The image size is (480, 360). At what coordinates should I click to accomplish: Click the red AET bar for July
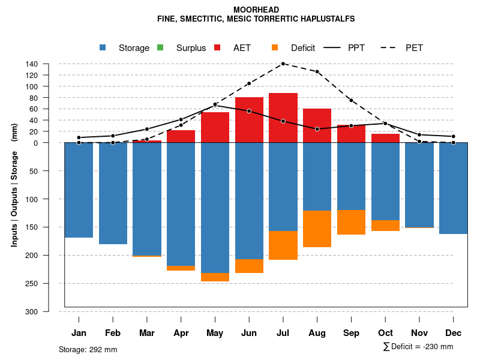283,118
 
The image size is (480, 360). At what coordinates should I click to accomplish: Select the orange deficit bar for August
317,229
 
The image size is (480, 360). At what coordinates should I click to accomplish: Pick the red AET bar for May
215,127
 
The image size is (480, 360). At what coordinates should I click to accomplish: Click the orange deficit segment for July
283,245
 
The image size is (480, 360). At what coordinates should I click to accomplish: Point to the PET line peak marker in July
283,63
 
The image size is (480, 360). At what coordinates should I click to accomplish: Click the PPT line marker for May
215,105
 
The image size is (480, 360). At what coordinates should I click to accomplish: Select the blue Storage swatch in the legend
103,47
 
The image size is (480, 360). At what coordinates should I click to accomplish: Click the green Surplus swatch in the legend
160,47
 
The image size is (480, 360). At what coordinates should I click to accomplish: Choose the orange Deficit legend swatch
275,47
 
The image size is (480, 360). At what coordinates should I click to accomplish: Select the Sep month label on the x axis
352,333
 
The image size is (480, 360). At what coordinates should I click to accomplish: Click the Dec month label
454,333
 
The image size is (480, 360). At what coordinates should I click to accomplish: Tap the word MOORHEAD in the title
256,10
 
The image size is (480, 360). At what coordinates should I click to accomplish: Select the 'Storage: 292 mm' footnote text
88,349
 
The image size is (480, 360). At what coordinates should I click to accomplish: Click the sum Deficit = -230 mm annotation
418,347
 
